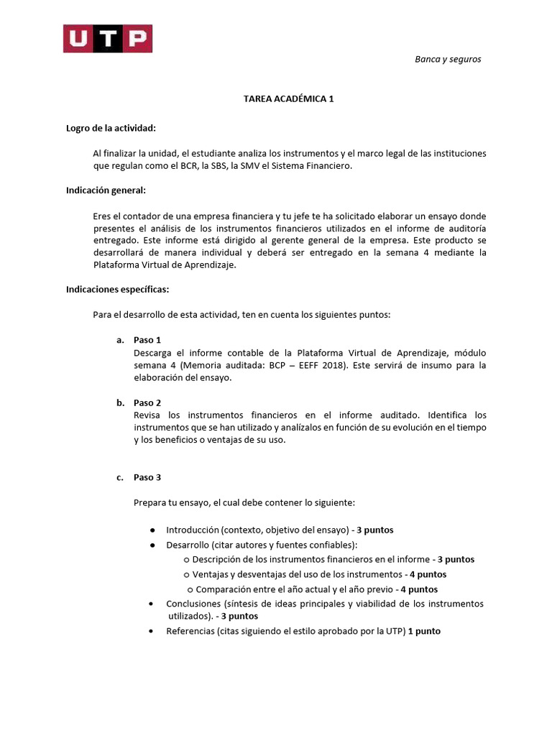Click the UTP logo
(x=107, y=39)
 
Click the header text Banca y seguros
(x=448, y=59)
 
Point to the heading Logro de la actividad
(x=111, y=128)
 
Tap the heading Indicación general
(x=106, y=190)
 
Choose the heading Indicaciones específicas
(x=118, y=289)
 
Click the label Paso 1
(x=147, y=339)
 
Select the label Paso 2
(x=147, y=402)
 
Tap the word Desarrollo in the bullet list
(x=188, y=545)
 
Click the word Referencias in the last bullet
(x=189, y=631)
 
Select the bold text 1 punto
(x=424, y=631)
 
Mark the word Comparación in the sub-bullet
(x=222, y=589)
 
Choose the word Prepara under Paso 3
(x=151, y=502)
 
